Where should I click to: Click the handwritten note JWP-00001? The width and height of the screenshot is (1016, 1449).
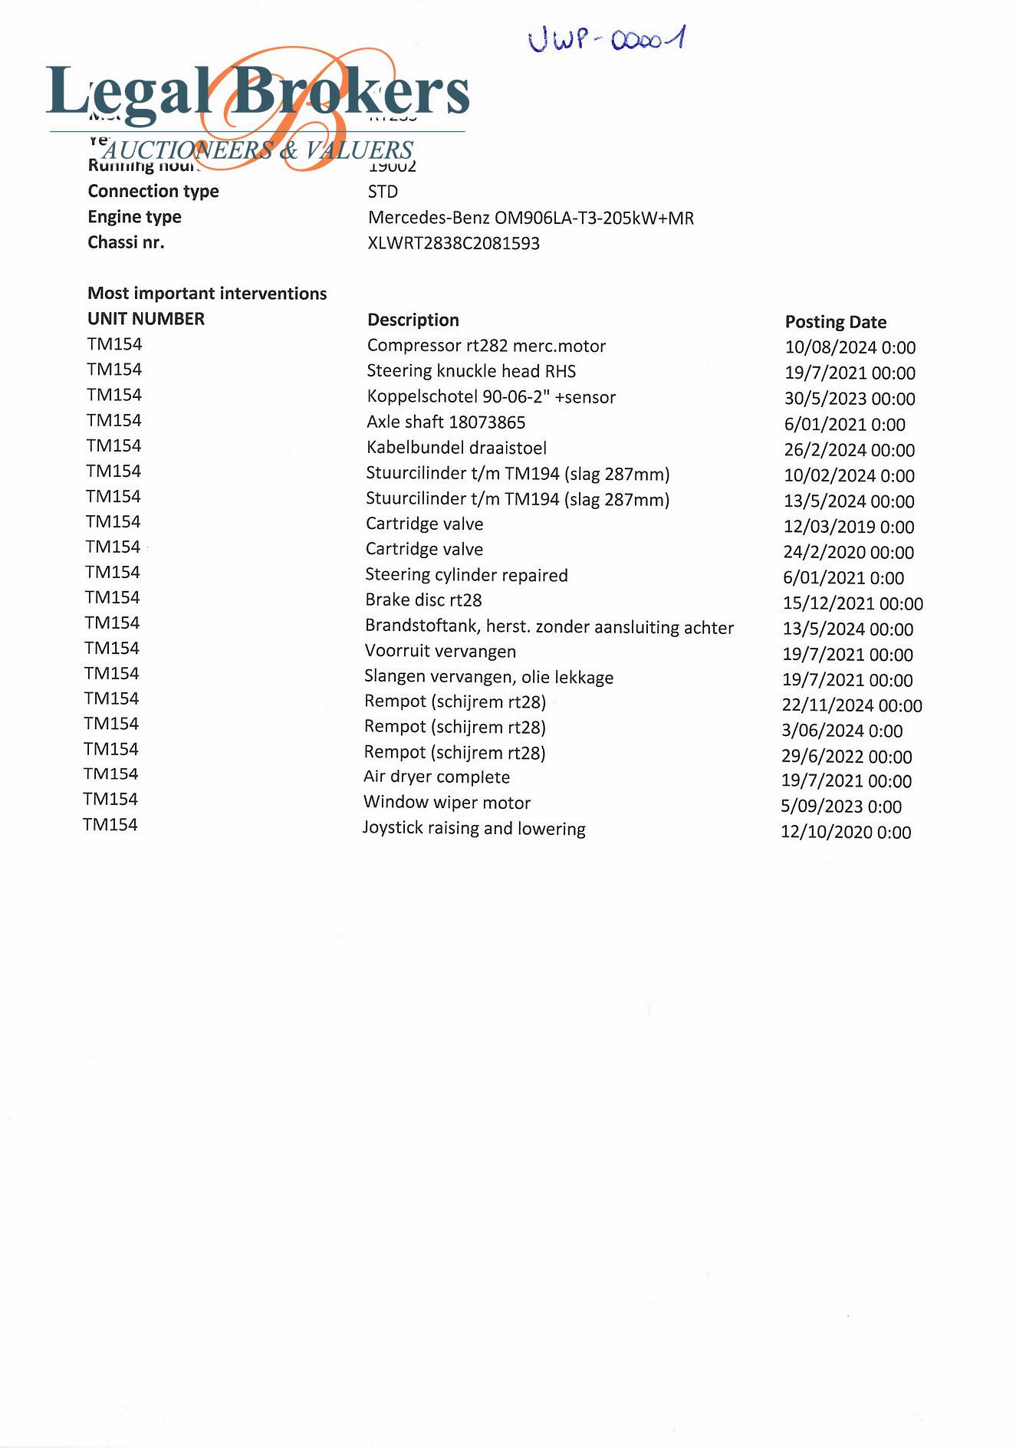click(606, 38)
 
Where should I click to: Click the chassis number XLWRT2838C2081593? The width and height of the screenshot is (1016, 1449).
click(454, 244)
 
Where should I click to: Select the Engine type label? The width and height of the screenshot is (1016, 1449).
click(134, 217)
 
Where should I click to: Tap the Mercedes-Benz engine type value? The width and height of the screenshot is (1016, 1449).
click(531, 218)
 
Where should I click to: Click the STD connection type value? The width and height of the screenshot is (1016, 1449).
click(383, 192)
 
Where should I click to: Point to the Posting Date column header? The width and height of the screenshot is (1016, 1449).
click(835, 322)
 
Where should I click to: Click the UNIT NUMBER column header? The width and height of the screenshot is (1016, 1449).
click(146, 319)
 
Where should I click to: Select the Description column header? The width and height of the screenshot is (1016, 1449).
click(413, 320)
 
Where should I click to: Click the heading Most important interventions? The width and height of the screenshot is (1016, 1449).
click(207, 294)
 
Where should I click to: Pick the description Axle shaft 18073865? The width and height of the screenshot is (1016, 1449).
click(446, 422)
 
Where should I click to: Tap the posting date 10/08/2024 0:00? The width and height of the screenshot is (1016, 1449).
click(850, 347)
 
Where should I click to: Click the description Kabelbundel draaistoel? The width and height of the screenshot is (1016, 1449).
click(456, 448)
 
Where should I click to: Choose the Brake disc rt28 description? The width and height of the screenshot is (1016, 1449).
click(423, 600)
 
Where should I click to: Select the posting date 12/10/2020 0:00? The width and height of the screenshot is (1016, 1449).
click(845, 833)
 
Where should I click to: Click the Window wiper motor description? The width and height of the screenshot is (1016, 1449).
click(447, 803)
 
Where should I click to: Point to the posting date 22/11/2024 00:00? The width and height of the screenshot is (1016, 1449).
click(852, 705)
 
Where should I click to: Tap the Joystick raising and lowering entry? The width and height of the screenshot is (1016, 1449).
click(474, 829)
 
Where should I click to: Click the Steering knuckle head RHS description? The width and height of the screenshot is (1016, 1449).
click(471, 372)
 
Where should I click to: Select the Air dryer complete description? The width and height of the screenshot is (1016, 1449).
click(436, 777)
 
